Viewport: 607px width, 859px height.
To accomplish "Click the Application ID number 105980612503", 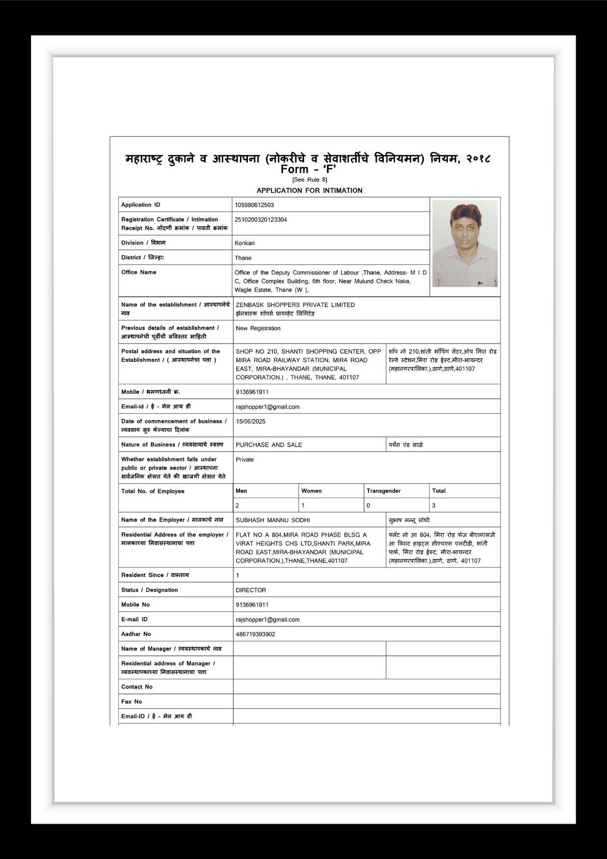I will tap(254, 205).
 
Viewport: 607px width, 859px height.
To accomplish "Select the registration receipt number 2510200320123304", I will tap(261, 220).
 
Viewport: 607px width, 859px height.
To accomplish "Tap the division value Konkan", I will tap(244, 243).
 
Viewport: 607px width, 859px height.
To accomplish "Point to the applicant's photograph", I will tap(465, 243).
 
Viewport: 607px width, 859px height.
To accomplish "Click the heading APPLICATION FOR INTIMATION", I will tap(309, 190).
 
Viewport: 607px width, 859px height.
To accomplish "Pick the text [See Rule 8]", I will tap(309, 180).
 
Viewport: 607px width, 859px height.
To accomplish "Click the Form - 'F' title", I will tap(308, 169).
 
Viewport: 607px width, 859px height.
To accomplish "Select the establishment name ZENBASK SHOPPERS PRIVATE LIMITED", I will tap(295, 305).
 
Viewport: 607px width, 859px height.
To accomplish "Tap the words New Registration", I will tap(258, 328).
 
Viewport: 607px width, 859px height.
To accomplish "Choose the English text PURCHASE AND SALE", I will tap(269, 445).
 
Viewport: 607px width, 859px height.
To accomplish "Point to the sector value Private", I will tap(245, 460).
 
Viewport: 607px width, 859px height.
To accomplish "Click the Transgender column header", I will tap(384, 491).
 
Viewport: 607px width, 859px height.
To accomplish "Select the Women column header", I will tap(312, 491).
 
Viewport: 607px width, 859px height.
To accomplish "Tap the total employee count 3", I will tap(434, 506).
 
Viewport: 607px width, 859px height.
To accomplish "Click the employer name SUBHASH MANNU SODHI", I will tap(273, 520).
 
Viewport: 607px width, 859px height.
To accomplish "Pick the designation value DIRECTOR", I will tap(251, 591).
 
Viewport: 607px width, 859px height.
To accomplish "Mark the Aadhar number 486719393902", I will tap(255, 635).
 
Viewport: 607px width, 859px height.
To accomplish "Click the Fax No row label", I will tap(132, 702).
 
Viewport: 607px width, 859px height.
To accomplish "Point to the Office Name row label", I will tap(139, 272).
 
